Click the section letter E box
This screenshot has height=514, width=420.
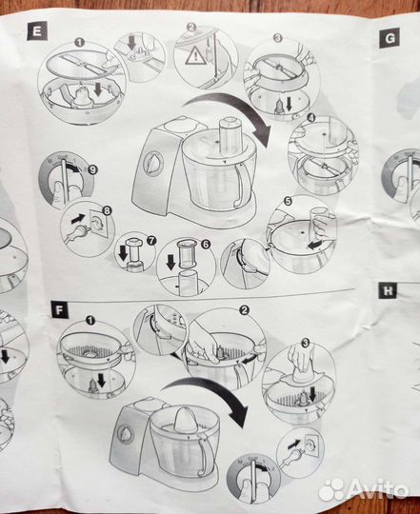[x=37, y=31]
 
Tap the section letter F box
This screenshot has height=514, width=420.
[x=60, y=309]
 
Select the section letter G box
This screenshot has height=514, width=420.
[x=390, y=38]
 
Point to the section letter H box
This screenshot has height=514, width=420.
[x=388, y=290]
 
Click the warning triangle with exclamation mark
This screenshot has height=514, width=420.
[x=195, y=55]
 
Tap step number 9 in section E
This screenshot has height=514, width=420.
[x=92, y=169]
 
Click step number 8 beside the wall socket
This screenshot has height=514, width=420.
[x=108, y=210]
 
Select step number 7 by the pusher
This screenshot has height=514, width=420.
[x=150, y=241]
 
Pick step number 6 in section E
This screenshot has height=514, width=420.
[x=206, y=244]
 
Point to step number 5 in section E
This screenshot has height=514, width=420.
[x=288, y=201]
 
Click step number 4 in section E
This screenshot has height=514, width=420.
[x=311, y=117]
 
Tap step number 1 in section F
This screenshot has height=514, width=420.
[x=90, y=320]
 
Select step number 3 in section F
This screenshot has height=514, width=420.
[x=306, y=344]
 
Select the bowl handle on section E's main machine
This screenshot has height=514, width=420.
[x=242, y=185]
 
